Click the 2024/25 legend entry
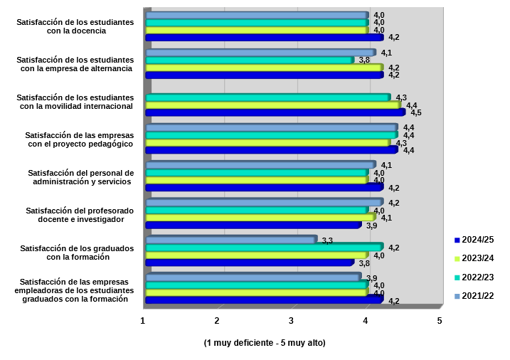(x=478, y=240)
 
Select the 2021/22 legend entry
(x=478, y=295)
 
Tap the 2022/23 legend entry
(x=478, y=277)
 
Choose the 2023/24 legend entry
(x=478, y=258)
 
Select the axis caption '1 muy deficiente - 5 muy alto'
(x=264, y=343)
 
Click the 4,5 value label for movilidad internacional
(x=416, y=113)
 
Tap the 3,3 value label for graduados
(x=328, y=240)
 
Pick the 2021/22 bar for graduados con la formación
(x=230, y=240)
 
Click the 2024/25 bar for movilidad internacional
(x=275, y=112)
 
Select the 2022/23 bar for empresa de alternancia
(x=249, y=60)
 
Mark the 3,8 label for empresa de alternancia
(x=364, y=60)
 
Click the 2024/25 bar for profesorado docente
(x=253, y=225)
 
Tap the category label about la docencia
(x=75, y=26)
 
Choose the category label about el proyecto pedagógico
(x=79, y=139)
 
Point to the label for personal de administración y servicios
(x=80, y=177)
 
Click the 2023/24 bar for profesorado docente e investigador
(x=260, y=217)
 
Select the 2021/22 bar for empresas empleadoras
(x=253, y=277)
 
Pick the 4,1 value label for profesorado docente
(x=387, y=218)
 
